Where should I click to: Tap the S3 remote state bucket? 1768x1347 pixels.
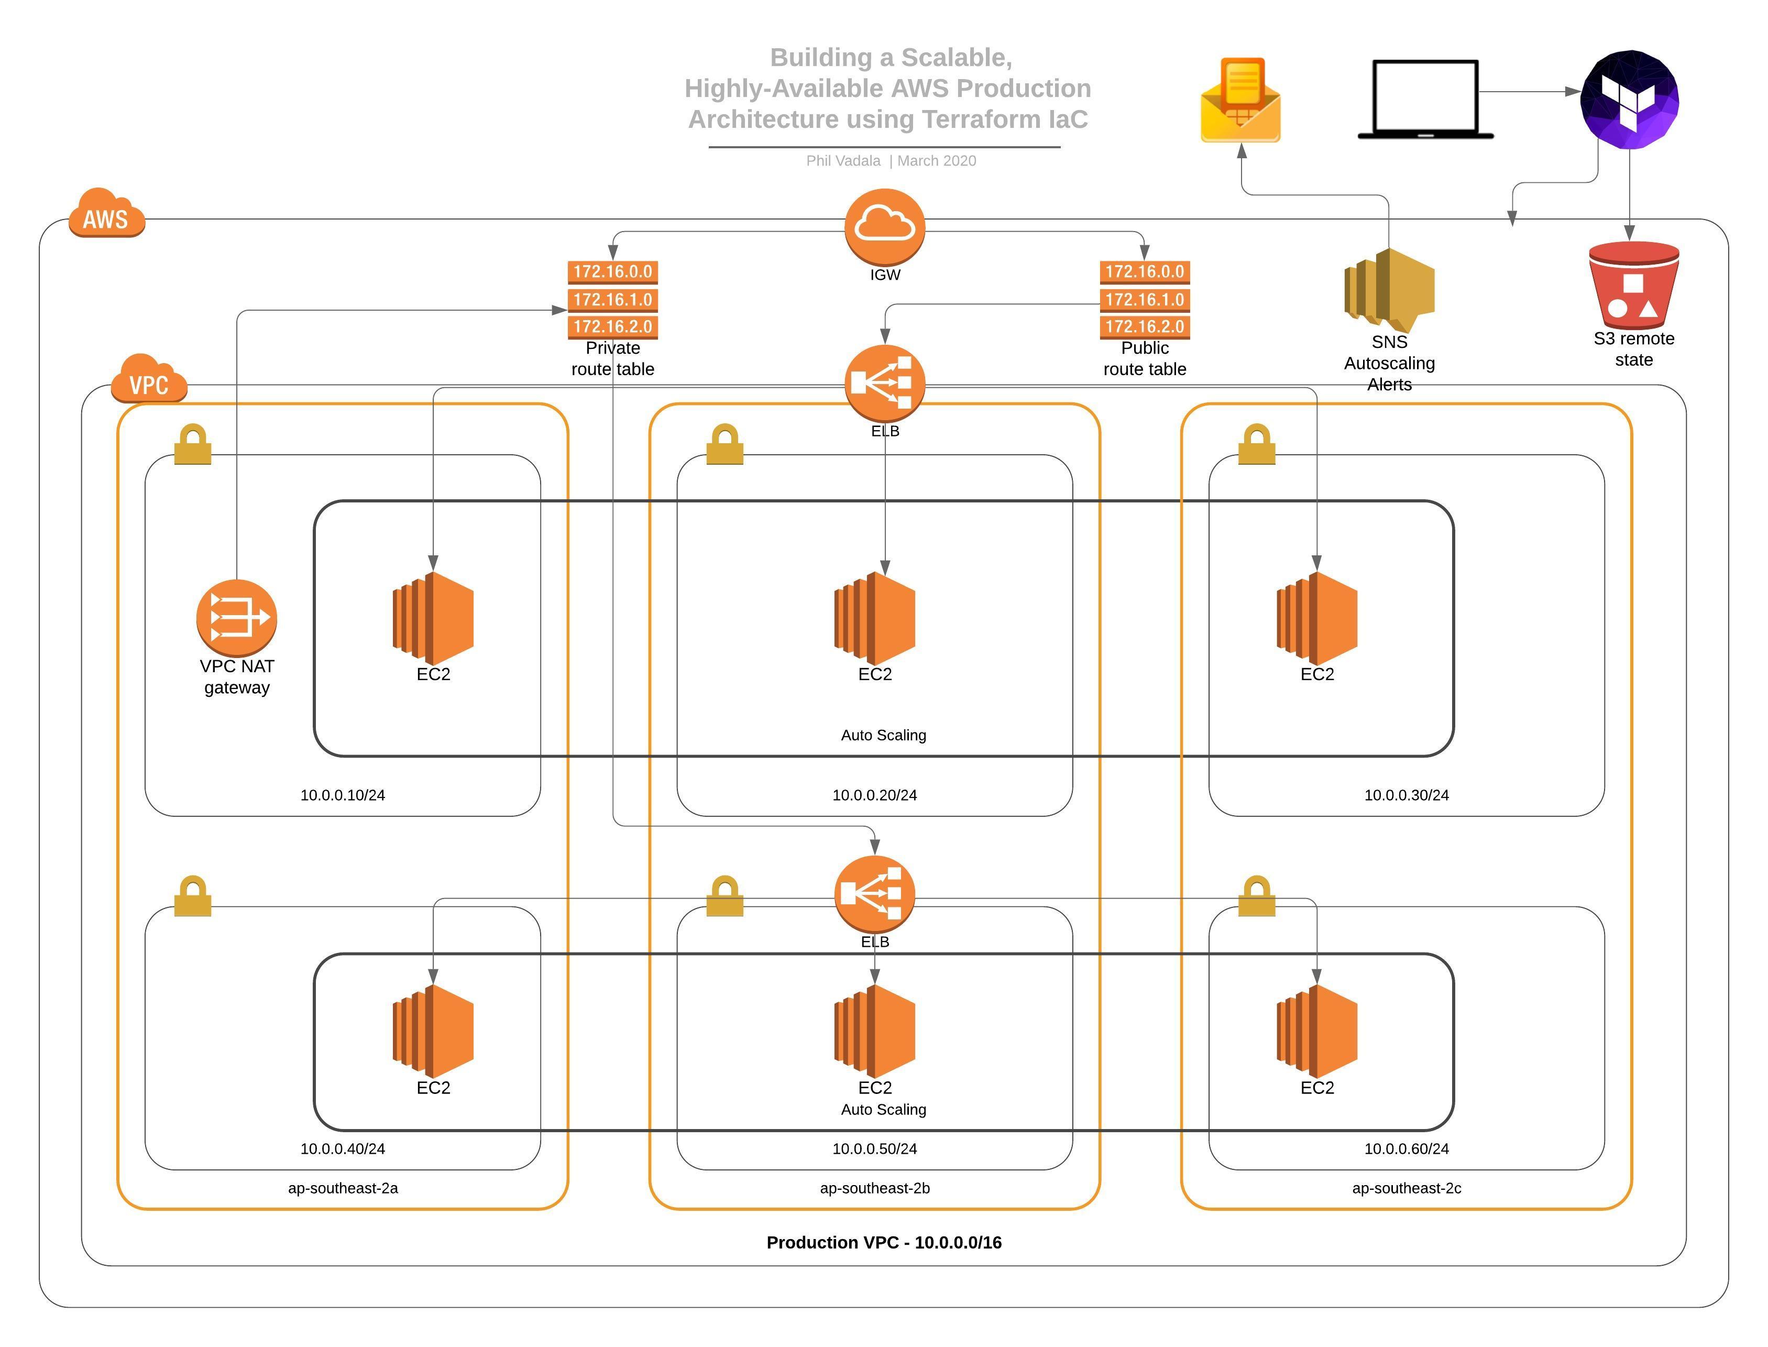1633,286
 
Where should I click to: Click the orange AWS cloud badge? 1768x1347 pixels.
106,214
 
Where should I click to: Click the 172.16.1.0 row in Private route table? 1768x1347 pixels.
612,300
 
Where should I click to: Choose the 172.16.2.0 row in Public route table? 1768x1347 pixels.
1145,327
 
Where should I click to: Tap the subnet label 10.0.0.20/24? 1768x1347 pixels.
874,795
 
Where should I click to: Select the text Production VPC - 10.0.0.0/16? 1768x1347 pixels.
884,1243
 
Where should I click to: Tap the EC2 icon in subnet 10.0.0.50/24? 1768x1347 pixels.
874,1031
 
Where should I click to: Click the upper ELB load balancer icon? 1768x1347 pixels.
884,384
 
